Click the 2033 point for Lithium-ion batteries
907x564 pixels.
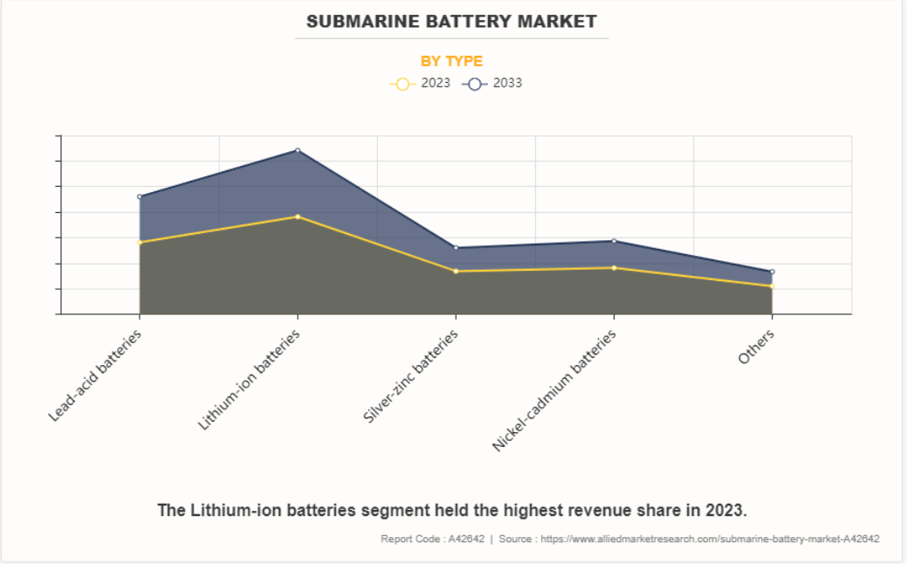click(x=298, y=150)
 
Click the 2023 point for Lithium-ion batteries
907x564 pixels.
click(x=298, y=217)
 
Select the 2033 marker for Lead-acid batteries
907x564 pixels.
click(x=140, y=196)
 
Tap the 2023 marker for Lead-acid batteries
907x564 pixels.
click(x=140, y=242)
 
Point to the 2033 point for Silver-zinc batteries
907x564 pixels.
click(x=456, y=248)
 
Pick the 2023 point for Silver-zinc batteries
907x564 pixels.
click(x=456, y=271)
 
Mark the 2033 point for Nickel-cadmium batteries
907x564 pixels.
click(x=614, y=241)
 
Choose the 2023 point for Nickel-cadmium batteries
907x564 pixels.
click(x=614, y=268)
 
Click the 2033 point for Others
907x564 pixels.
click(x=772, y=272)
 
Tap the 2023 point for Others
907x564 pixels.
click(x=772, y=286)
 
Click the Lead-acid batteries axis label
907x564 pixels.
click(x=96, y=375)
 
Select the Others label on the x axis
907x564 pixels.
click(x=756, y=347)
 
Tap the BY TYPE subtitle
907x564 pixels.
click(x=451, y=61)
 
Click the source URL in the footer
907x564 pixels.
click(x=710, y=539)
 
